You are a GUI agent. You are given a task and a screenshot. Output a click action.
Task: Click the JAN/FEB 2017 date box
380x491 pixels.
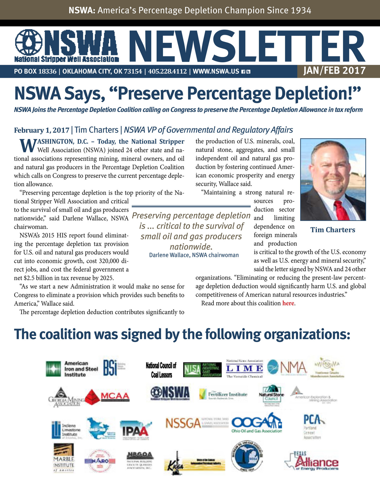pyautogui.click(x=334, y=71)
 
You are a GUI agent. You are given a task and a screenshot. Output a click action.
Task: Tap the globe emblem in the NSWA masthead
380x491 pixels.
pyautogui.click(x=28, y=43)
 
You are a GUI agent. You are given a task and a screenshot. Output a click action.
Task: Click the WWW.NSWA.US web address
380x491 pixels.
pyautogui.click(x=216, y=72)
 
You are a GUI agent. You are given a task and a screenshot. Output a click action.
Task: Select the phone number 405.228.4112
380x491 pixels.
pyautogui.click(x=168, y=72)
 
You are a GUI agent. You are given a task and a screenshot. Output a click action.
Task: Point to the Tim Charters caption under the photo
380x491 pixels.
pyautogui.click(x=333, y=230)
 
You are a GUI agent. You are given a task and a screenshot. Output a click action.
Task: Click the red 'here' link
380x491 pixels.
pyautogui.click(x=288, y=303)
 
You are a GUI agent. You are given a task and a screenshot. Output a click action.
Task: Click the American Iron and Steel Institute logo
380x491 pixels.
pyautogui.click(x=72, y=369)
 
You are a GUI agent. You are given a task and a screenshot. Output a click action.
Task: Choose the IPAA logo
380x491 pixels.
pyautogui.click(x=135, y=431)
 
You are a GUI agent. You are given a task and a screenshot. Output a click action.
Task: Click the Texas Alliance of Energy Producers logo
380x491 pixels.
pyautogui.click(x=311, y=461)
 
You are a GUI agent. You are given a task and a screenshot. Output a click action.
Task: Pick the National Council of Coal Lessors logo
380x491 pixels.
pyautogui.click(x=161, y=370)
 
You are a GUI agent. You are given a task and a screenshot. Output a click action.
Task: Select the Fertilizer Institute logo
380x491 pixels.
pyautogui.click(x=223, y=394)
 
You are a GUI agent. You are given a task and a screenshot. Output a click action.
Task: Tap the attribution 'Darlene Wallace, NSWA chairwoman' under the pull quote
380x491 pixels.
pyautogui.click(x=194, y=255)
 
